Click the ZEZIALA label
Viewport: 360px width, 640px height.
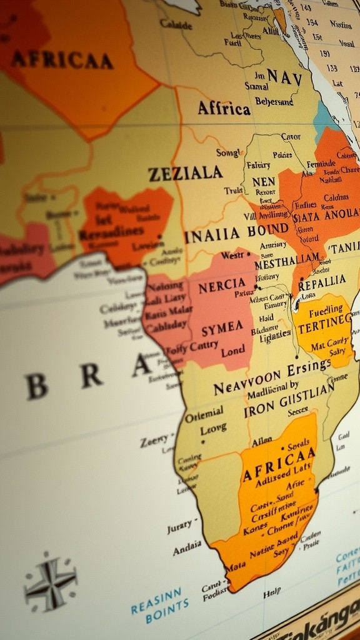pyautogui.click(x=185, y=173)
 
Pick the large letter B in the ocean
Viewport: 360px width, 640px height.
pyautogui.click(x=37, y=387)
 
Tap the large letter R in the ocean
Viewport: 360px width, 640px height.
pyautogui.click(x=91, y=376)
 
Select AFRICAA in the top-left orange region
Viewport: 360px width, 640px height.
pyautogui.click(x=62, y=60)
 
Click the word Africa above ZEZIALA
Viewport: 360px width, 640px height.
pyautogui.click(x=224, y=108)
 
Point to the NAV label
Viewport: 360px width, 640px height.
pyautogui.click(x=284, y=77)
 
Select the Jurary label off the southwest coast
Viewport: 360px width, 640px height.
pyautogui.click(x=180, y=527)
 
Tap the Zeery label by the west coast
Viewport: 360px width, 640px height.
pyautogui.click(x=154, y=441)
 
